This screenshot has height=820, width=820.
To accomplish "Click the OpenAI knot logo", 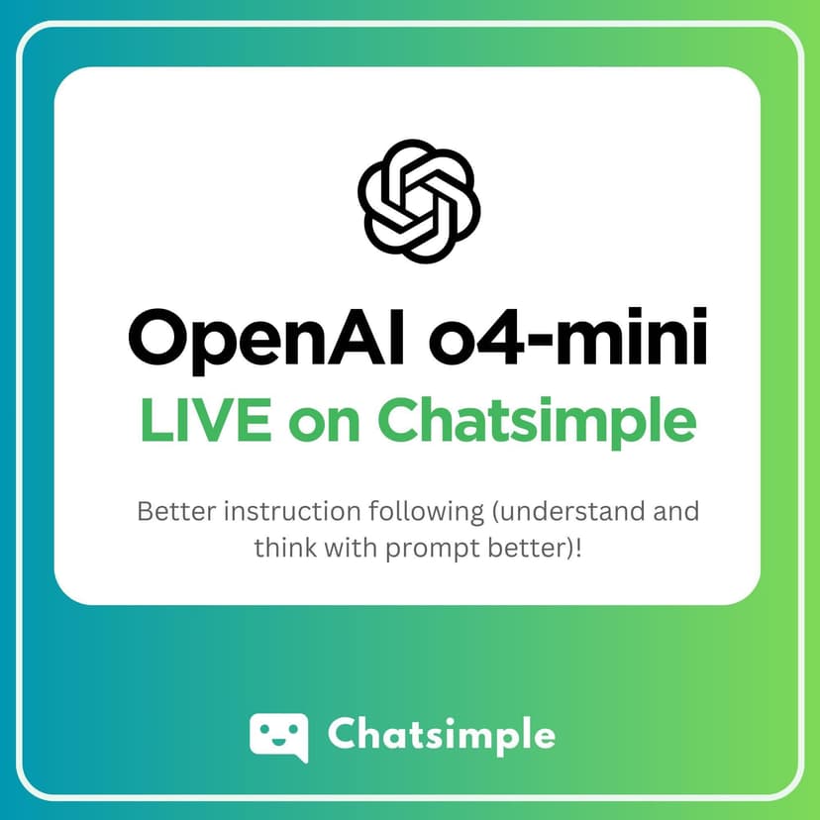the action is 419,201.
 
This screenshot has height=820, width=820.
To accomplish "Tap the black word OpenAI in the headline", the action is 266,341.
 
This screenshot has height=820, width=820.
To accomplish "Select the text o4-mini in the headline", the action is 567,337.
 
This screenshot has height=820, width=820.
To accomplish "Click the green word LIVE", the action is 206,420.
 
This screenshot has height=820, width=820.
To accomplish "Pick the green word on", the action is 324,426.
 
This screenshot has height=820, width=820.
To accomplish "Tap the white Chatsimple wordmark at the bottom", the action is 442,735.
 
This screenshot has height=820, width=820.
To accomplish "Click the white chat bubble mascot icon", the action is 278,738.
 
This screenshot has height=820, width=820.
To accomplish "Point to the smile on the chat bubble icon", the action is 277,741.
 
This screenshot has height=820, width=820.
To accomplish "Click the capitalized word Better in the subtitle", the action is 176,511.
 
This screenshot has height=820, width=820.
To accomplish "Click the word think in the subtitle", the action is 285,548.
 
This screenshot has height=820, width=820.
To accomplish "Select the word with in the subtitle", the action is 352,548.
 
